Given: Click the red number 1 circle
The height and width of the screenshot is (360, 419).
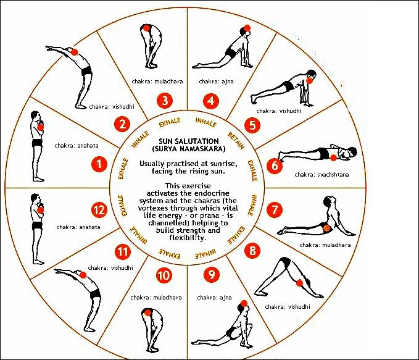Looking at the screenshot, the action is [99, 164].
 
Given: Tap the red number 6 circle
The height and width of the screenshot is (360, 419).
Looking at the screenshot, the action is [275, 166].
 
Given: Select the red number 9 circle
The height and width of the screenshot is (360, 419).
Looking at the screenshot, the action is [212, 274].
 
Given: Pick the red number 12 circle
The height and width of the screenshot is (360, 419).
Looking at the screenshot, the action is [99, 210].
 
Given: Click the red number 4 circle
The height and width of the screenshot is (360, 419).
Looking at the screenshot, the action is [211, 101].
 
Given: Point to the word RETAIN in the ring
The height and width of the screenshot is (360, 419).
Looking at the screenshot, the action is [236, 140].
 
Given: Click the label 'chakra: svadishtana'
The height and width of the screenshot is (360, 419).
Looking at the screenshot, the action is [322, 175].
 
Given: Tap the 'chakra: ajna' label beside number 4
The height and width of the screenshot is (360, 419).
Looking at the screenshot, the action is [216, 82].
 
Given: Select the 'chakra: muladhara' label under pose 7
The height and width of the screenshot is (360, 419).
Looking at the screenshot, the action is [325, 245].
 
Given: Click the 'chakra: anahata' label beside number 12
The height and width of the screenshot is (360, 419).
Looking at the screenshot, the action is [78, 227].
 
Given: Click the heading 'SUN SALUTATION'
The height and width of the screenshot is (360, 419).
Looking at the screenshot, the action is [189, 141].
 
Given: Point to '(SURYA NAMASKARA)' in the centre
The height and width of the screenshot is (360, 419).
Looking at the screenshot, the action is [189, 149].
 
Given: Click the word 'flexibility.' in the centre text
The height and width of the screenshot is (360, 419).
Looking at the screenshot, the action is [188, 238].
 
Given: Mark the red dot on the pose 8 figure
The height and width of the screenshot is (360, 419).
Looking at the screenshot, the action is [299, 283].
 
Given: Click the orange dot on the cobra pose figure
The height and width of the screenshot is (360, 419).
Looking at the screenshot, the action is [326, 228].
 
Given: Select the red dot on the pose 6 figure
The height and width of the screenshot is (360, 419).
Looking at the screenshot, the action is [333, 158].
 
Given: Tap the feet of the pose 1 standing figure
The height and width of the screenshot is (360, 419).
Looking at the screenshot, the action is [39, 179].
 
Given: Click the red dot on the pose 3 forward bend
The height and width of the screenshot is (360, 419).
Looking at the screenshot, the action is [146, 28].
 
